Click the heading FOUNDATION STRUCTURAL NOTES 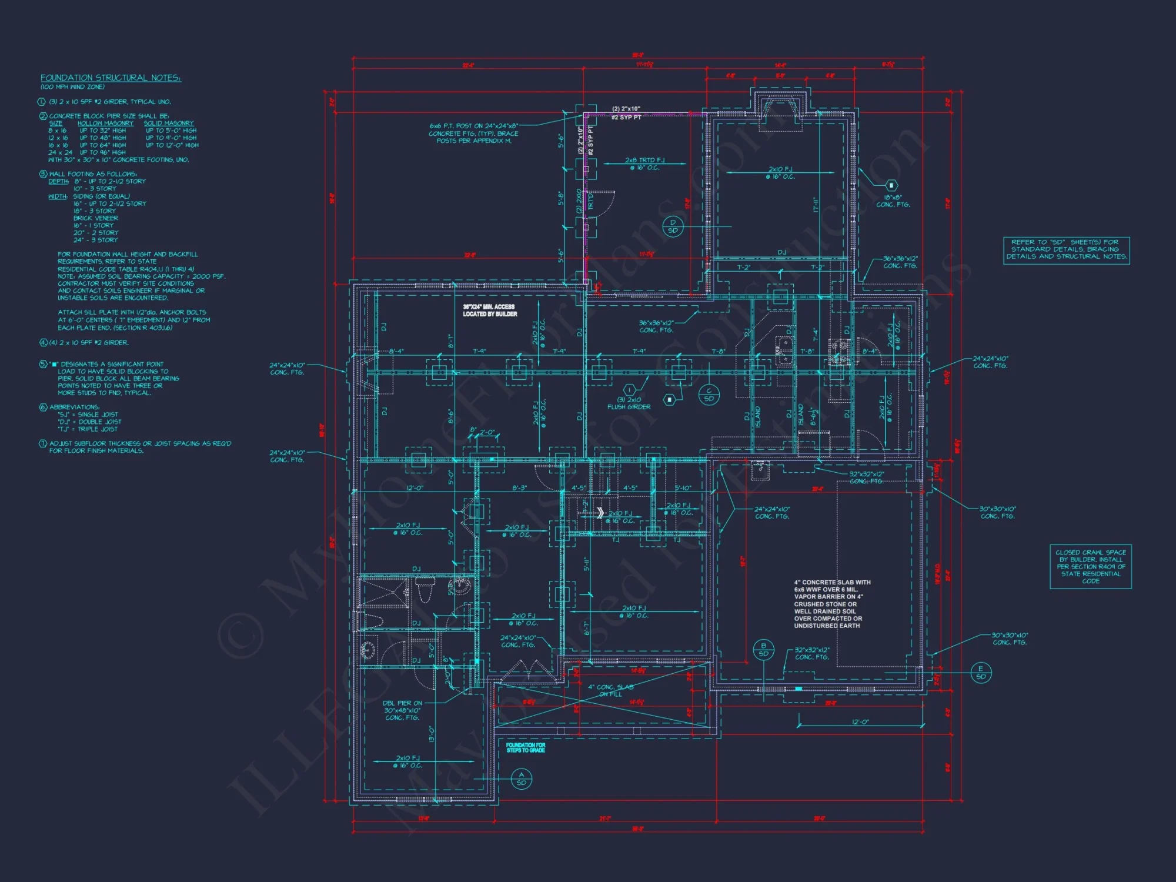111,78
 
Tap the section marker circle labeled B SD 763,650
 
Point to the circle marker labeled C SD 709,395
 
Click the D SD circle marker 673,226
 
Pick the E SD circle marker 980,673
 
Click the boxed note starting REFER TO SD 1066,249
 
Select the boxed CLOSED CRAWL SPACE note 1090,566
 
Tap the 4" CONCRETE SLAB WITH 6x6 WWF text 831,604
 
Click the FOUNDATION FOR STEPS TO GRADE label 526,747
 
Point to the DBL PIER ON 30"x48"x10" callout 403,710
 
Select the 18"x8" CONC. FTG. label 893,201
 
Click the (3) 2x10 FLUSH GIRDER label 629,403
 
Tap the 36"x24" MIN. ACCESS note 490,310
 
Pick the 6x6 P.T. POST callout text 473,133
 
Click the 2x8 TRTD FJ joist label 644,163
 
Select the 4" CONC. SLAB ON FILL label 610,690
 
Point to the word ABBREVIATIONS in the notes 74,407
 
